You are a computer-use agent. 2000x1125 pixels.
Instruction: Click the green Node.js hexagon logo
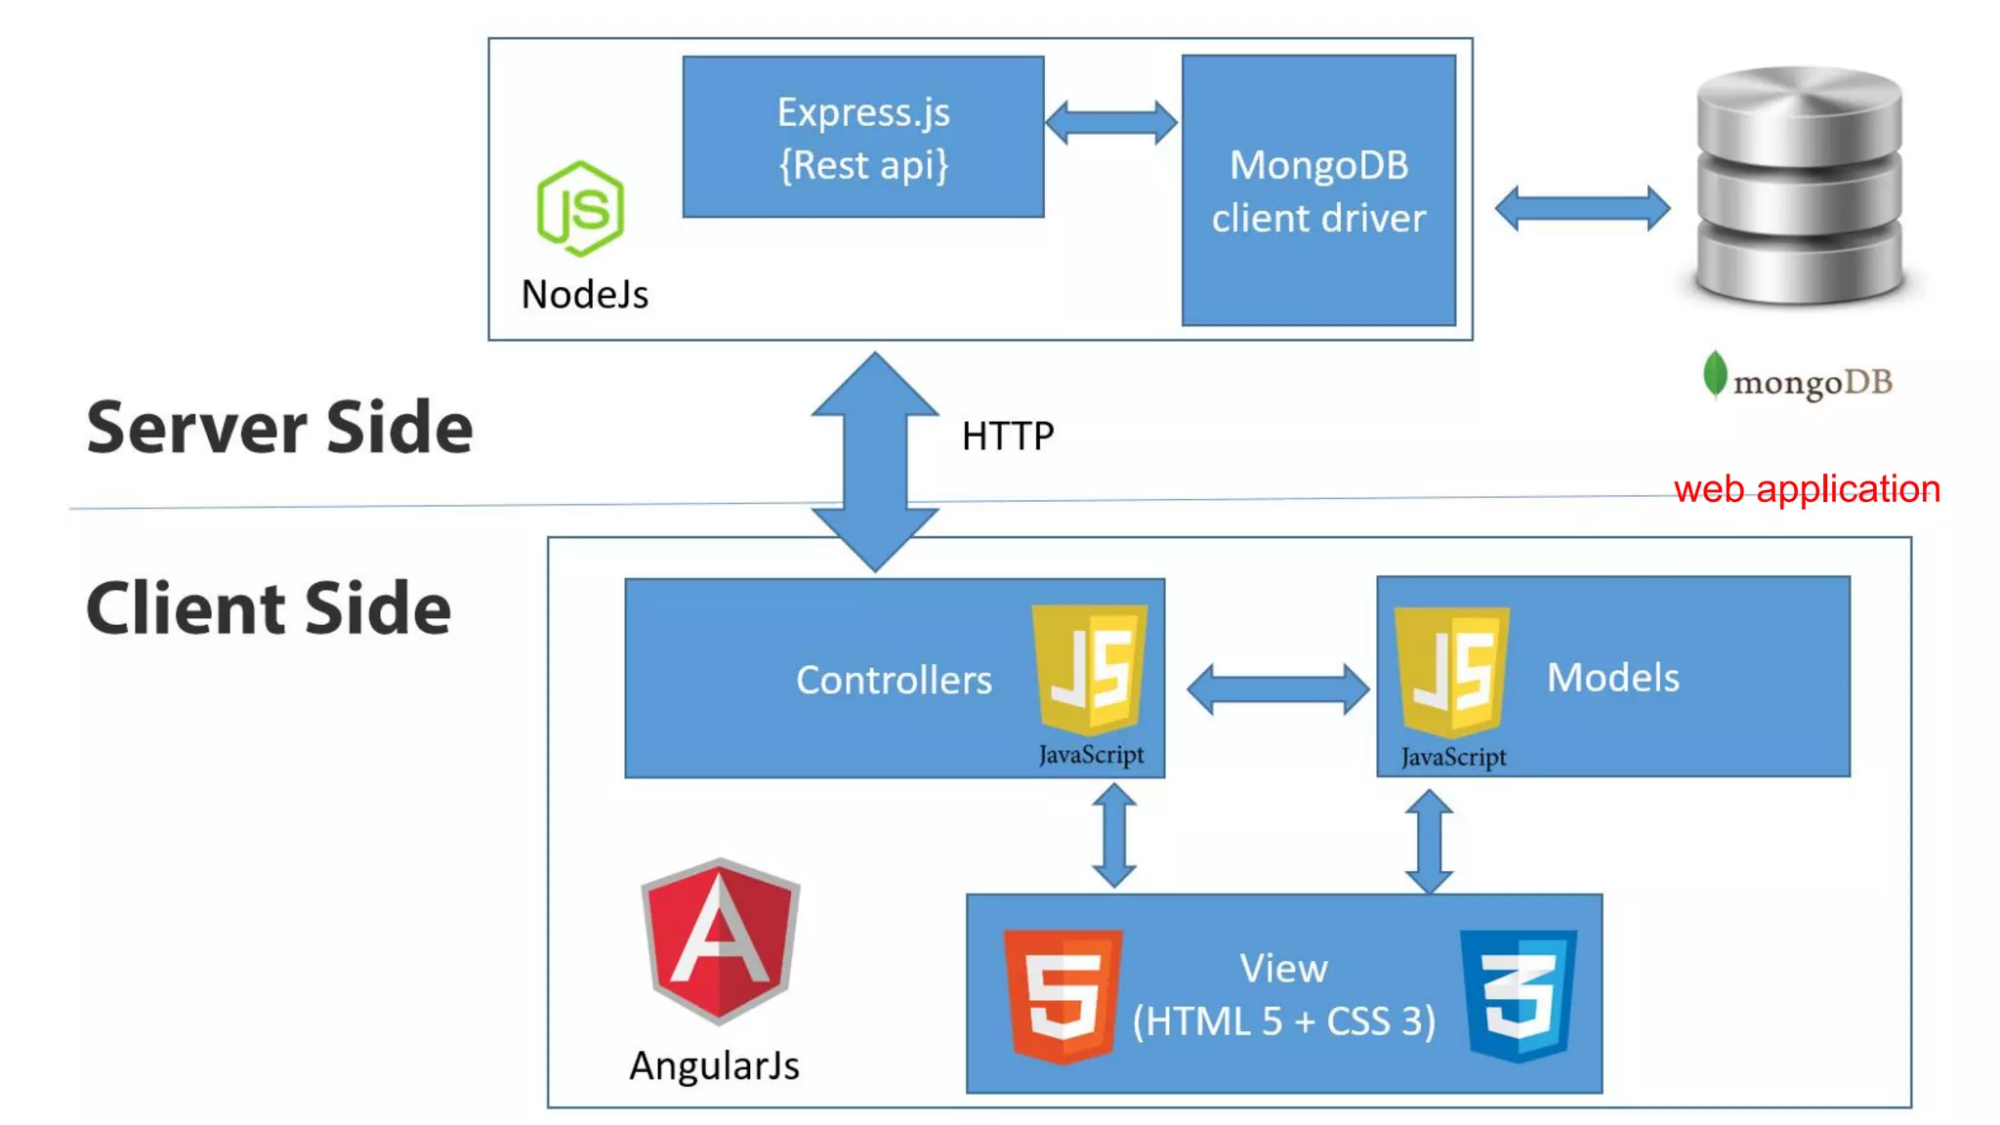pos(580,208)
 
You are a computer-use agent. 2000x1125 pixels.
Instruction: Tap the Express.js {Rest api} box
pos(863,137)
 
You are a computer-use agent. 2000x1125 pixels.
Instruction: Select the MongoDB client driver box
pos(1318,190)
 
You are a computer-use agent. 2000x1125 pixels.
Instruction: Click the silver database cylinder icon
pos(1799,186)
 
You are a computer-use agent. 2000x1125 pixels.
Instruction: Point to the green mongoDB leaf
pos(1714,375)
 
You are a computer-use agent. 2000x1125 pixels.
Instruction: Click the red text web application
pos(1807,488)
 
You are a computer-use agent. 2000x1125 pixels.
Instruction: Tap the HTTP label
pos(1008,437)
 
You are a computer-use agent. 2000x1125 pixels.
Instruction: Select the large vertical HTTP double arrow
pos(875,461)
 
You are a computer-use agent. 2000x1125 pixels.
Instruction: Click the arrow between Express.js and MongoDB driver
pos(1111,123)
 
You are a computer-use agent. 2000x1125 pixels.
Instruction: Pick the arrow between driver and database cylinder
pos(1582,208)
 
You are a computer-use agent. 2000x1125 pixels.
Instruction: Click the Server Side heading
pos(279,428)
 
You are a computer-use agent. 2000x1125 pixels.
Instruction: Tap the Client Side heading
pos(269,608)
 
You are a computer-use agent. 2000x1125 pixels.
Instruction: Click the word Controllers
pos(894,680)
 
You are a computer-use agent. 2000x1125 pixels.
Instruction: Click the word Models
pos(1613,678)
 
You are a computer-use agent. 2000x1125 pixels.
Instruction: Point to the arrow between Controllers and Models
pos(1277,689)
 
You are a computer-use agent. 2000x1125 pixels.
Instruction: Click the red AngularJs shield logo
pos(720,940)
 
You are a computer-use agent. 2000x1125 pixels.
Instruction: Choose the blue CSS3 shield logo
pos(1518,994)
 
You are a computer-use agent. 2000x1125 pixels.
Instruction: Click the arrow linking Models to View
pos(1429,841)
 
